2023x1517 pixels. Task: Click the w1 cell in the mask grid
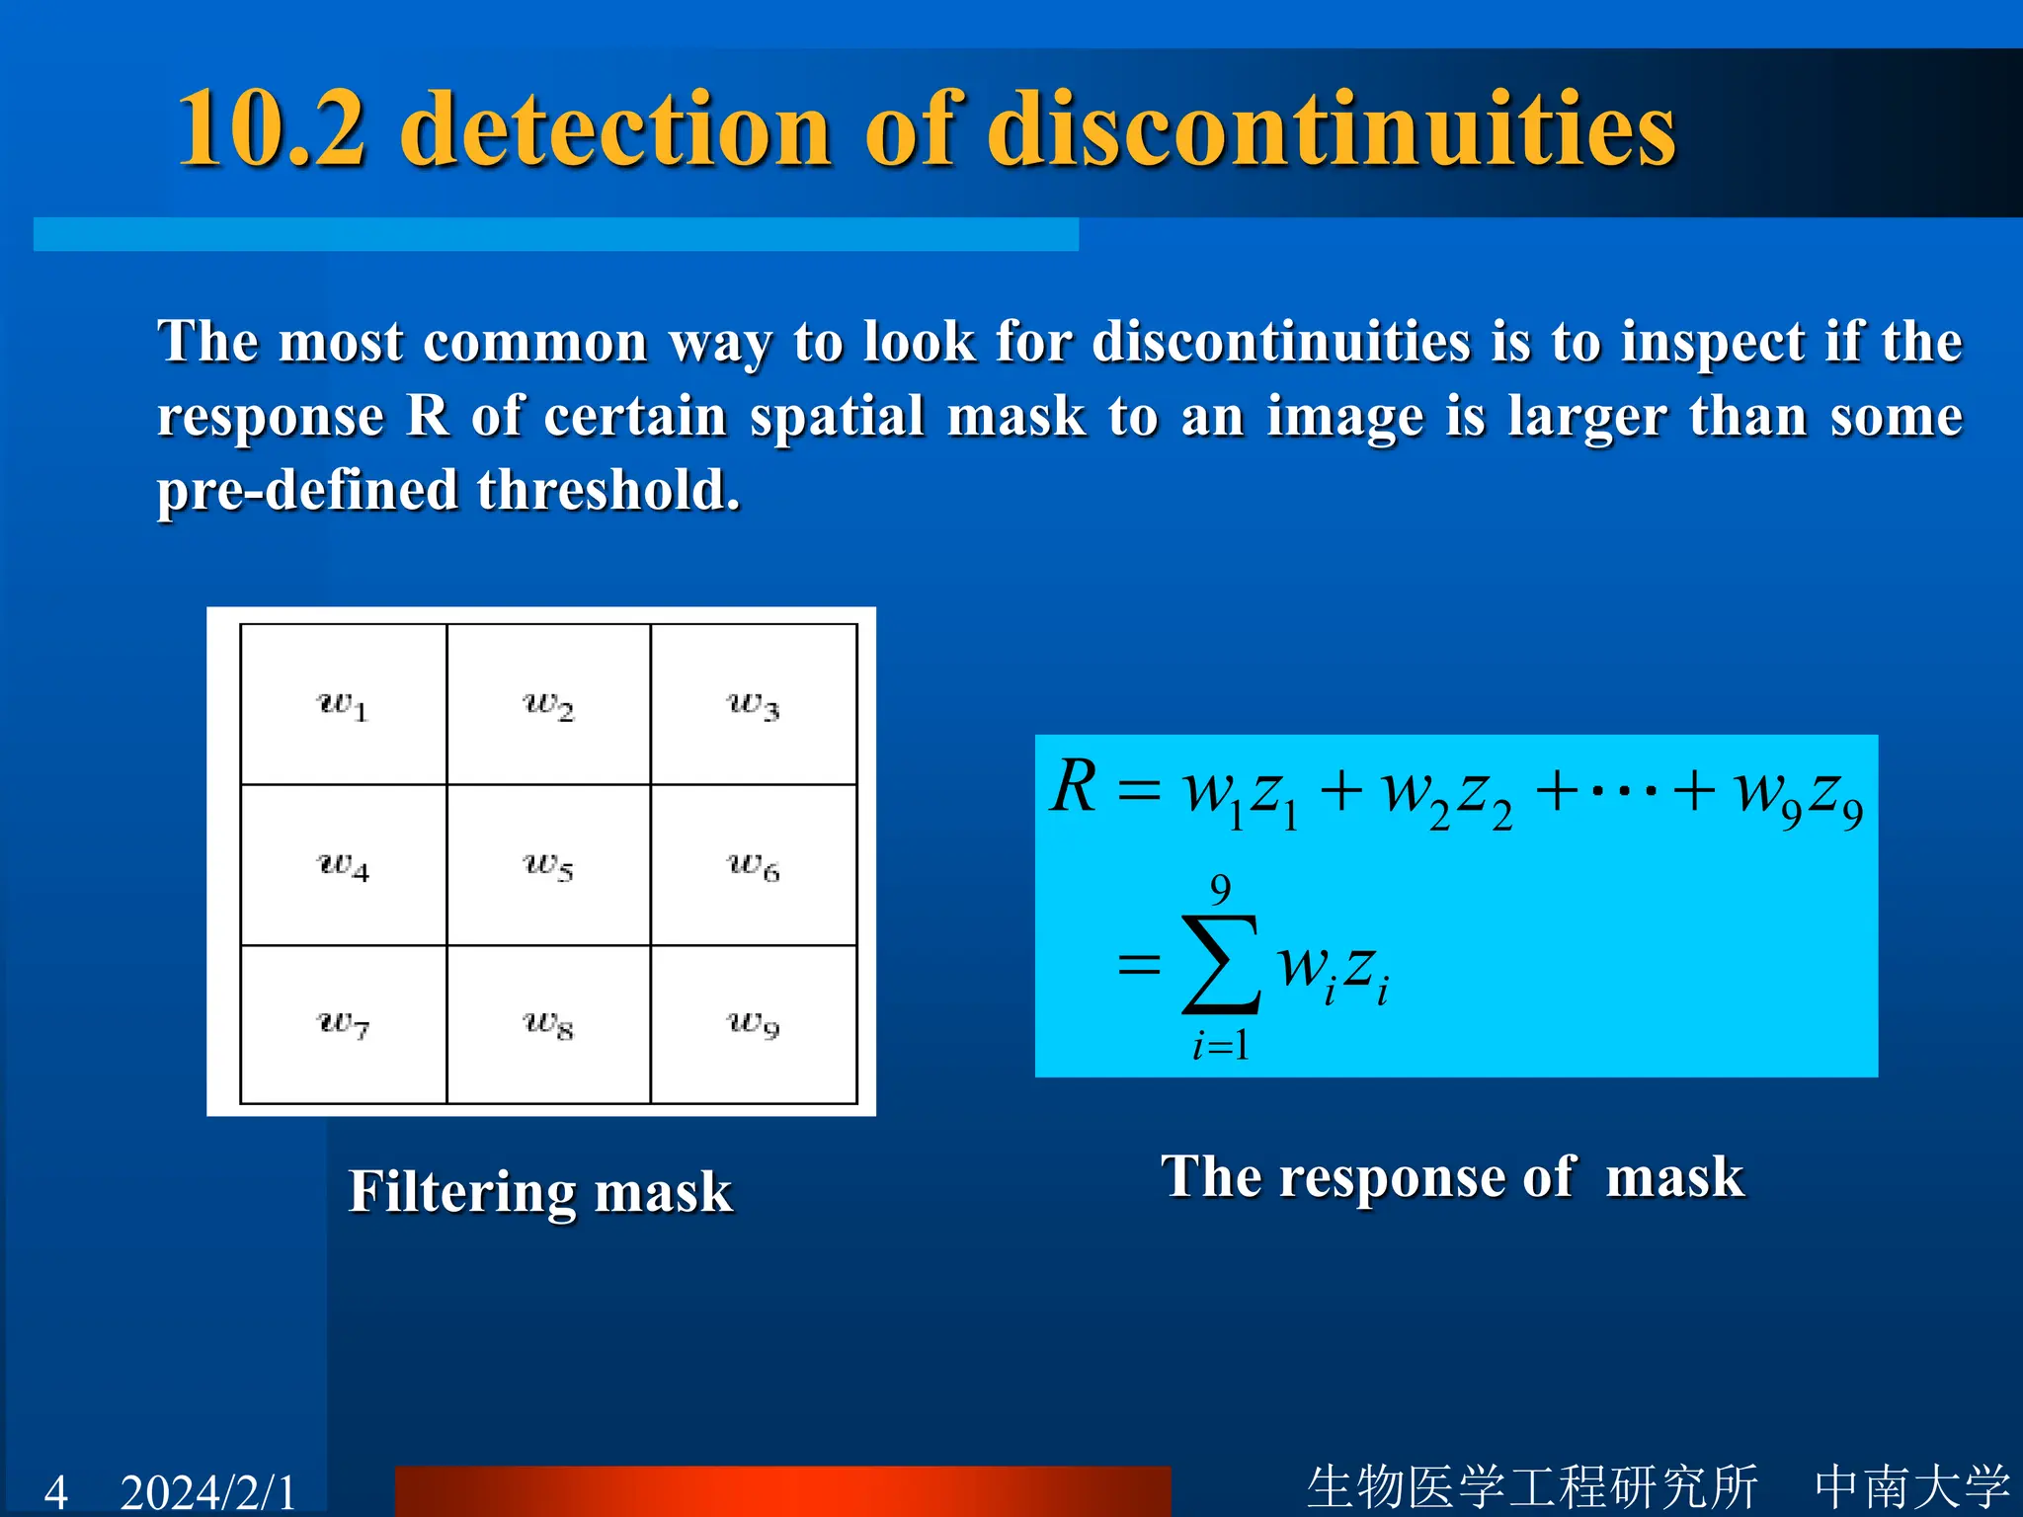pyautogui.click(x=343, y=704)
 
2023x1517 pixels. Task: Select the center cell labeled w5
pyautogui.click(x=548, y=865)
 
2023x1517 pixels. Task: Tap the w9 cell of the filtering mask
pyautogui.click(x=753, y=1024)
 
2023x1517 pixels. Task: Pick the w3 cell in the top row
pyautogui.click(x=753, y=704)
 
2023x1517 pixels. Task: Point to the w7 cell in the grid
pyautogui.click(x=343, y=1024)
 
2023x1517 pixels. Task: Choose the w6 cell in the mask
pyautogui.click(x=753, y=865)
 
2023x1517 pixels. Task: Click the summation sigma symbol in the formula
pyautogui.click(x=1221, y=965)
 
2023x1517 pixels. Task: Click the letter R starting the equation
pyautogui.click(x=1074, y=787)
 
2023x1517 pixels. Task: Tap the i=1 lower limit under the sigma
pyautogui.click(x=1221, y=1045)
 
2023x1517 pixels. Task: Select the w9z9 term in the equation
pyautogui.click(x=1798, y=793)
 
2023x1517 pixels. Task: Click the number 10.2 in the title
pyautogui.click(x=272, y=128)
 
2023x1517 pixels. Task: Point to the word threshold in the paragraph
pyautogui.click(x=607, y=490)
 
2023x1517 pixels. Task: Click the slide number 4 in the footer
pyautogui.click(x=56, y=1491)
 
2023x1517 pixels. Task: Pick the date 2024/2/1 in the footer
pyautogui.click(x=208, y=1491)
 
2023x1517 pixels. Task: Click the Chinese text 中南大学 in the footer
pyautogui.click(x=1912, y=1486)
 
